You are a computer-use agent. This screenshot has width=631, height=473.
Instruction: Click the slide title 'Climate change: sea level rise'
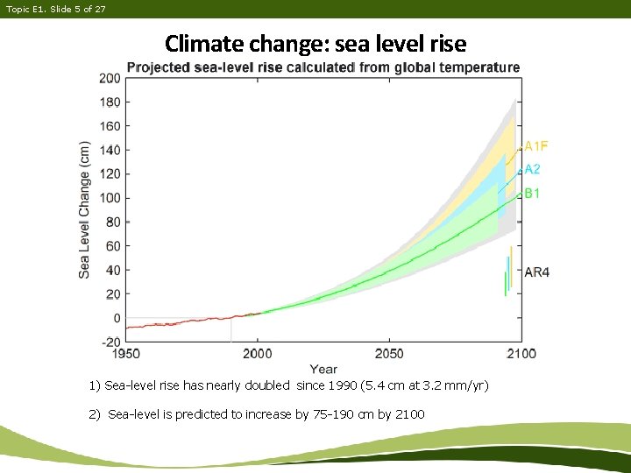[x=315, y=43]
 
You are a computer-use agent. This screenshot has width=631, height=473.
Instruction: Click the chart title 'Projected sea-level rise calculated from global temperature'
[x=323, y=67]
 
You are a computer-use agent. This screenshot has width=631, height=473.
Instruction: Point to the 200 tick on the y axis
[x=110, y=78]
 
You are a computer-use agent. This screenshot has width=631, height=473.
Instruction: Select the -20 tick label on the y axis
[x=110, y=342]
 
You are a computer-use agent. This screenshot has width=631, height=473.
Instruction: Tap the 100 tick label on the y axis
[x=110, y=198]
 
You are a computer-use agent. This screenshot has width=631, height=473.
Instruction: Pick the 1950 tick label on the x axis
[x=125, y=354]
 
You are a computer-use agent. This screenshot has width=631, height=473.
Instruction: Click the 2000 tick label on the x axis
[x=257, y=354]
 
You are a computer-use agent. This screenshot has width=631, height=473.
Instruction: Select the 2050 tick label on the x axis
[x=389, y=354]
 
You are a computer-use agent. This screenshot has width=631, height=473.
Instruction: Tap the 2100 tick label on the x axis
[x=521, y=354]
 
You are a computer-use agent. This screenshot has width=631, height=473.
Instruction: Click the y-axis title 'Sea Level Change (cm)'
[x=85, y=209]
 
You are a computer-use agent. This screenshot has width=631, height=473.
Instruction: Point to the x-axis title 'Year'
[x=323, y=369]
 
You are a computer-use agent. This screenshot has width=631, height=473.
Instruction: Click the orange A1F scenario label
[x=536, y=146]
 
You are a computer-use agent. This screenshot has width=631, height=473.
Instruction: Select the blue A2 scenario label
[x=533, y=170]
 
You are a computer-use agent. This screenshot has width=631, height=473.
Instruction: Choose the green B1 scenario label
[x=532, y=194]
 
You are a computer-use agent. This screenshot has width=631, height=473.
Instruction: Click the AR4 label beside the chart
[x=536, y=272]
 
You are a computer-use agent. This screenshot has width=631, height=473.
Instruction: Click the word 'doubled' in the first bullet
[x=267, y=386]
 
